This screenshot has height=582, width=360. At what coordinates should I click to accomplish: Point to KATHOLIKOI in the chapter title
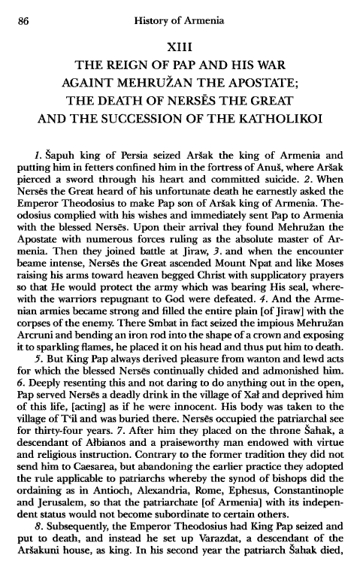(x=283, y=123)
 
